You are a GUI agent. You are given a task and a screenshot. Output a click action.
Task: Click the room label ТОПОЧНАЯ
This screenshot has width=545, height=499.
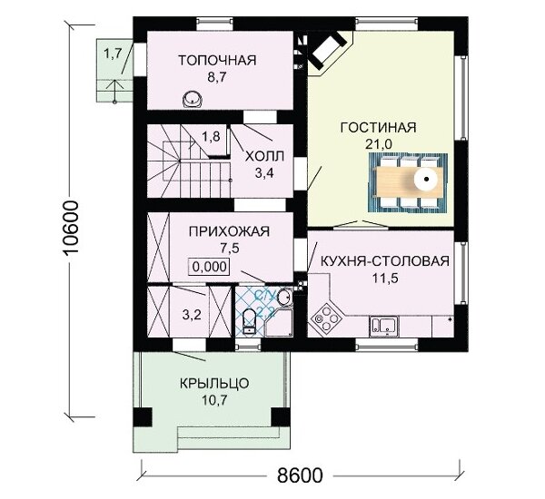point(216,61)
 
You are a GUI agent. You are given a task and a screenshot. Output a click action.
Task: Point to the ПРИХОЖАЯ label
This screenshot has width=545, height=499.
point(216,231)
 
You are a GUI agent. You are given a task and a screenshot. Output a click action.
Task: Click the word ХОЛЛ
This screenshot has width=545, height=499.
point(265,155)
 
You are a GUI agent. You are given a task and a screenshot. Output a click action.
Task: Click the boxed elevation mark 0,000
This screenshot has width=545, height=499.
point(209,266)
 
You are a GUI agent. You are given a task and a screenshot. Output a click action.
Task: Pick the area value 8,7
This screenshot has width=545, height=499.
point(215,78)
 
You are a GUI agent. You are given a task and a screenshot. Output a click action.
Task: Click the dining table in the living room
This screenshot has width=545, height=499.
point(407,179)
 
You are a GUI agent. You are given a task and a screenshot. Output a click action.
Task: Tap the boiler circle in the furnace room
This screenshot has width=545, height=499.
point(193,99)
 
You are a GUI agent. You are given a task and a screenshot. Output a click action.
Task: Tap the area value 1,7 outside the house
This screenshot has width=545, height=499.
point(112,54)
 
